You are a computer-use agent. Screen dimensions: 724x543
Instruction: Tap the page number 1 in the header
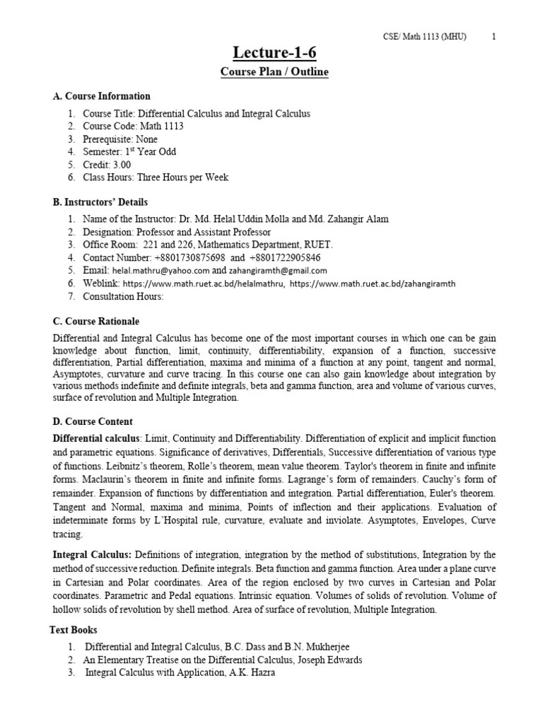(x=493, y=37)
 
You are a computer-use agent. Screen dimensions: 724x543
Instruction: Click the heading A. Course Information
(x=102, y=96)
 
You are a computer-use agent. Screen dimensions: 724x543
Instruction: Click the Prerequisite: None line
(x=120, y=139)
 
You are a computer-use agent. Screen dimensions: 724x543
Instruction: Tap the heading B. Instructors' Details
(x=100, y=202)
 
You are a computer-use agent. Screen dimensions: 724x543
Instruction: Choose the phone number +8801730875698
(x=185, y=257)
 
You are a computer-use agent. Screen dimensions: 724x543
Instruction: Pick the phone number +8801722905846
(x=281, y=257)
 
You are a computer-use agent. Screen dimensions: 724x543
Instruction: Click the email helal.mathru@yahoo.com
(x=160, y=271)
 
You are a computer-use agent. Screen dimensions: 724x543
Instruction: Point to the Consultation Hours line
(x=123, y=296)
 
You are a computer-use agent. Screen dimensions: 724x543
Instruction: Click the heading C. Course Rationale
(x=96, y=321)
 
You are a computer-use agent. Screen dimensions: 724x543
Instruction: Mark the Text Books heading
(x=74, y=630)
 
